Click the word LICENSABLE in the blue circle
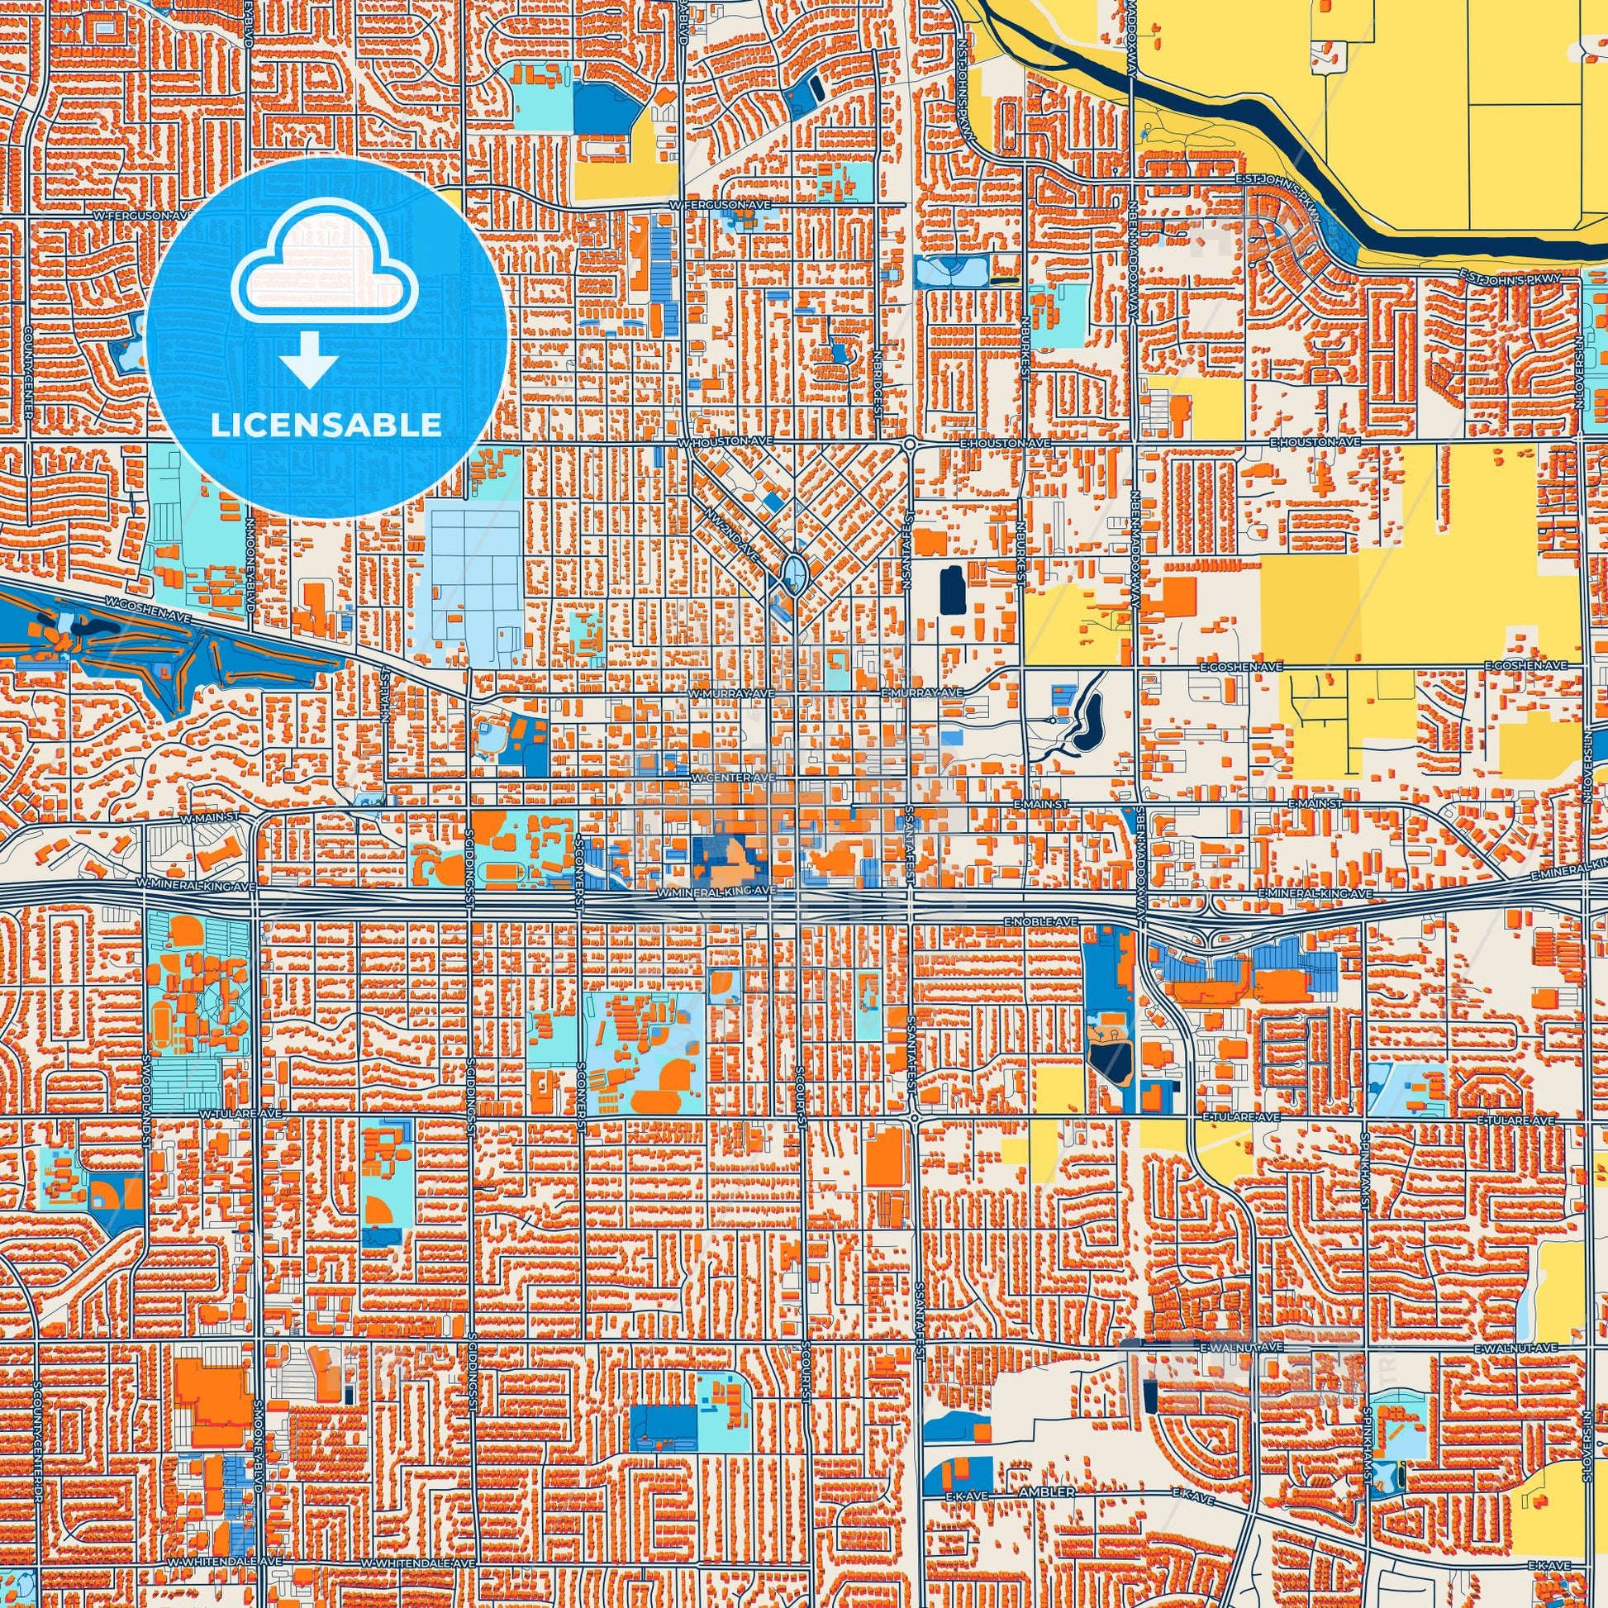(326, 425)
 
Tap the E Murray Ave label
(921, 692)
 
